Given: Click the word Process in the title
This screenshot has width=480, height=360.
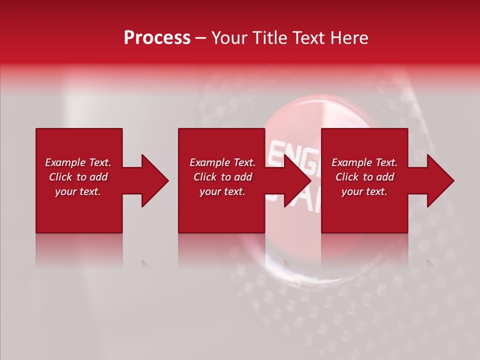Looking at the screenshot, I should coord(157,38).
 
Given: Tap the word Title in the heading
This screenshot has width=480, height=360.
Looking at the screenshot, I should coord(272,38).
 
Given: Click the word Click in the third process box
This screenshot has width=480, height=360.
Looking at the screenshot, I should coord(348,177).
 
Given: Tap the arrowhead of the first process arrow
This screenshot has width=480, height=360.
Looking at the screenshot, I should coord(155,180).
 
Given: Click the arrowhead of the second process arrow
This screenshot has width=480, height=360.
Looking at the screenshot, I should coord(298,180).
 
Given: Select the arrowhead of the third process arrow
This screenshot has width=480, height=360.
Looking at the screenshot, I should coord(440,180).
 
